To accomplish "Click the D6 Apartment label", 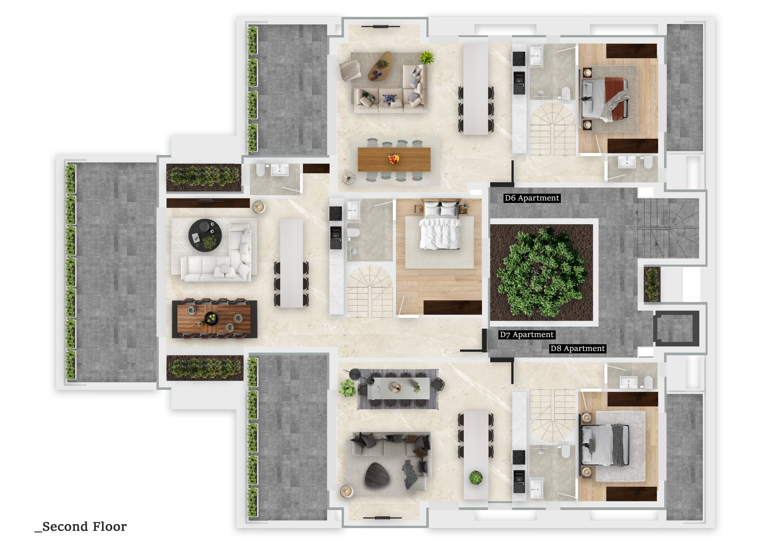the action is [532, 198].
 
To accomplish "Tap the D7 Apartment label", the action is [527, 335].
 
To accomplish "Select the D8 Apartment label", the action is [577, 348].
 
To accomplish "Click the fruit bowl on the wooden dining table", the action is [394, 158].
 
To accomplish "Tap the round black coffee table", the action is [205, 235].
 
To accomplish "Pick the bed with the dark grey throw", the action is [605, 445].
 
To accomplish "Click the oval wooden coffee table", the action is [380, 66].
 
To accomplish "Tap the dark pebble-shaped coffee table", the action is [377, 474].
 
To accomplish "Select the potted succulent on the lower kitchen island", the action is [476, 477].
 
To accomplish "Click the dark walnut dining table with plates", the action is [214, 319].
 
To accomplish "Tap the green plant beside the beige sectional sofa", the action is [426, 57].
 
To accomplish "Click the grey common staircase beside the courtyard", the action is [668, 228].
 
